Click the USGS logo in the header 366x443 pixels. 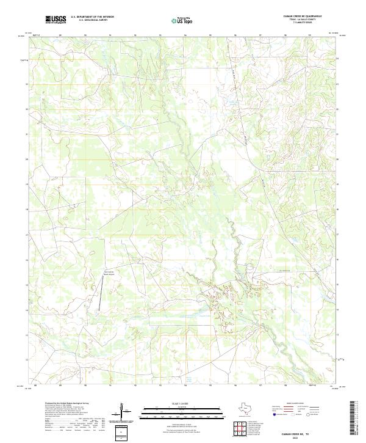click(56, 20)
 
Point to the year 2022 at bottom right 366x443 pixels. click(303, 436)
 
